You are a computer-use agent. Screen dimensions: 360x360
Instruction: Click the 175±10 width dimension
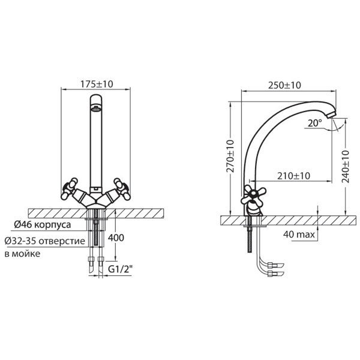[97, 84]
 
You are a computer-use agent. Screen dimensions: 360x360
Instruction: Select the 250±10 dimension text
[284, 85]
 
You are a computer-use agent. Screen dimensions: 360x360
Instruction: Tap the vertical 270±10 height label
[230, 156]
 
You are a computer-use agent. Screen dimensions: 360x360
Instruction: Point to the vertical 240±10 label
[346, 167]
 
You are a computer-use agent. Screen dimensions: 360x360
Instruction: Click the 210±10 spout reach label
[293, 176]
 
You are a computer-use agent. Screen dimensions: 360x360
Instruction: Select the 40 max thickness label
[299, 235]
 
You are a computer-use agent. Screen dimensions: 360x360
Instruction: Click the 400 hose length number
[116, 238]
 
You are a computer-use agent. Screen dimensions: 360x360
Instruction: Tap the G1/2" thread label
[121, 269]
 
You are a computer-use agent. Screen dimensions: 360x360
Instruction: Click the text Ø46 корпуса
[43, 224]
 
